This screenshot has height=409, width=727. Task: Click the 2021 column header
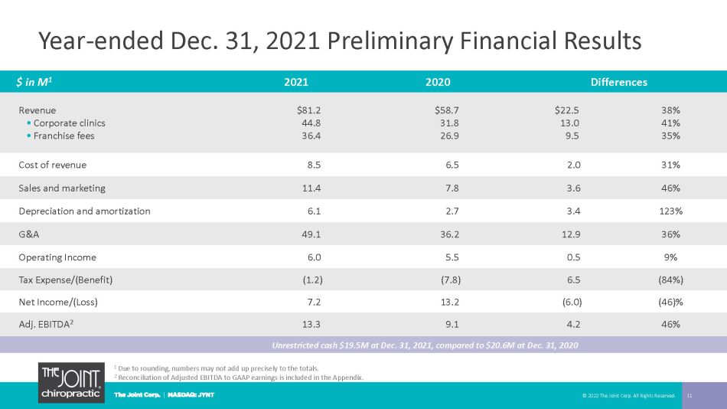pos(296,82)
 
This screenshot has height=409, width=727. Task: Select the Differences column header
pos(618,82)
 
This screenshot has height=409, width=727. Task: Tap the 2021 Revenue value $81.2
pos(309,110)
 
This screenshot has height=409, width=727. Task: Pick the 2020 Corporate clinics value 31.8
pos(449,123)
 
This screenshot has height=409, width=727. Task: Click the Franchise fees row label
pos(64,136)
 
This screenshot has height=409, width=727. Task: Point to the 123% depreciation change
pos(671,211)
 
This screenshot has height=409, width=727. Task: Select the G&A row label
pos(29,234)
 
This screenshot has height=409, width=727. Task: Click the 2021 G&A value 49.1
pos(311,234)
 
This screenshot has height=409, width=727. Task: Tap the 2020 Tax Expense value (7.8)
pos(451,280)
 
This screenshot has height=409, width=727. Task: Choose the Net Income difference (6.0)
pos(572,303)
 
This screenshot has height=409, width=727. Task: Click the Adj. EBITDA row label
pos(46,324)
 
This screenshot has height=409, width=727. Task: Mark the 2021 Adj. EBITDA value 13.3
pos(311,325)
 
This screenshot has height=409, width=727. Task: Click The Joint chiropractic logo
pos(71,382)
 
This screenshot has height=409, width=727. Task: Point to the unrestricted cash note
pos(425,345)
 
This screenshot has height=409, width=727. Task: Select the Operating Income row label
pos(57,257)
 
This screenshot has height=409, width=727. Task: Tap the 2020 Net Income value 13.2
pos(449,303)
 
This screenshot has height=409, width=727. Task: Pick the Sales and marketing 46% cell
pos(670,188)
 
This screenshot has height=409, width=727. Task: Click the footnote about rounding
pos(217,368)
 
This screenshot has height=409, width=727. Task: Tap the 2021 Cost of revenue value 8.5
pos(314,165)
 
